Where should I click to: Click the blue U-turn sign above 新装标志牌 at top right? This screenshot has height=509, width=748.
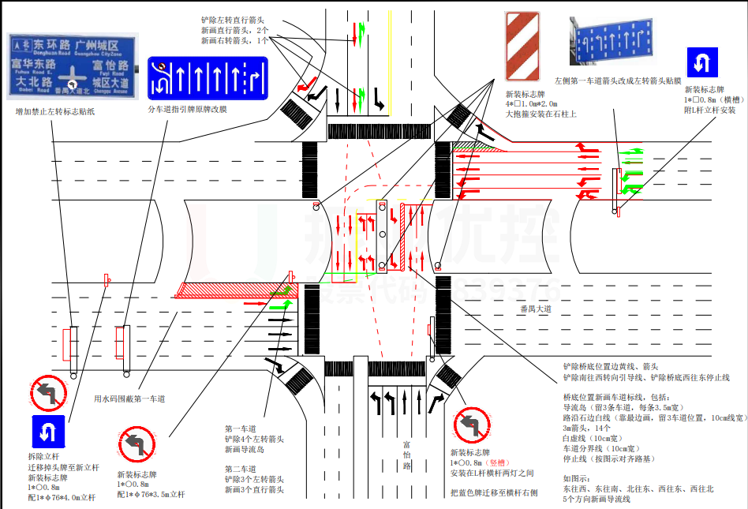[x=701, y=62]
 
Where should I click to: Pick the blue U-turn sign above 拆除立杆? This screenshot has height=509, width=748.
[x=49, y=431]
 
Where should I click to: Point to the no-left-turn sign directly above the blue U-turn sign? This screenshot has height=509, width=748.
[x=49, y=392]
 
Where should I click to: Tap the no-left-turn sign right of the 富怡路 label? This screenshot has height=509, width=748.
[x=473, y=425]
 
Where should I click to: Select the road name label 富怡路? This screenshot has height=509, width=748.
[x=408, y=455]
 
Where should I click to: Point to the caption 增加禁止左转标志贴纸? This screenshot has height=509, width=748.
[x=55, y=112]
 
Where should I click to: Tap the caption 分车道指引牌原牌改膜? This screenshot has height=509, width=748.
[x=188, y=109]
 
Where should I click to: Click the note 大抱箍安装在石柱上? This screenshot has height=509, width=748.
[x=541, y=114]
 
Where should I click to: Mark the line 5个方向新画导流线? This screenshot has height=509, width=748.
[x=604, y=500]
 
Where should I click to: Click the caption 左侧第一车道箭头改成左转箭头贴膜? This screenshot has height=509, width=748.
[x=617, y=81]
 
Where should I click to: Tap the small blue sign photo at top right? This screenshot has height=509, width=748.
[x=612, y=37]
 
